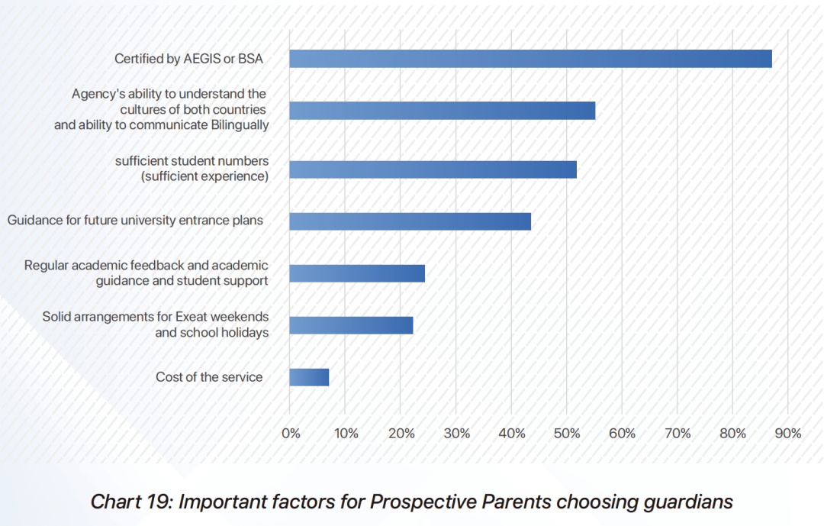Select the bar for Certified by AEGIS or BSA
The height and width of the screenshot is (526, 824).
[530, 59]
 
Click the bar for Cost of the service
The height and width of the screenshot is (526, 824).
[309, 377]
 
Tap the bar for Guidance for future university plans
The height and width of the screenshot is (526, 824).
[410, 221]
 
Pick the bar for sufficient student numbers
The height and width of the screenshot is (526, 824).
[433, 169]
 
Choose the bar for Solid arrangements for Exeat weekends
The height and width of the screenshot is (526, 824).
[351, 325]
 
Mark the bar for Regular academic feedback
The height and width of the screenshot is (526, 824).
[357, 273]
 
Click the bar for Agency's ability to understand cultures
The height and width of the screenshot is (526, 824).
[442, 111]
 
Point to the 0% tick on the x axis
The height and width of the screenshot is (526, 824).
[291, 434]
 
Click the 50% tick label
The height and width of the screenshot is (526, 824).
[567, 434]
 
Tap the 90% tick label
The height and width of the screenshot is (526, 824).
[788, 434]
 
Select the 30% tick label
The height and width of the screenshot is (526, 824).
[456, 434]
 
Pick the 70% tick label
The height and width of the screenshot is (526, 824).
[678, 434]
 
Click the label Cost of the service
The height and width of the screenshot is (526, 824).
[209, 377]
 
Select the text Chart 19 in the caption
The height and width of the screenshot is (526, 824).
[127, 502]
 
